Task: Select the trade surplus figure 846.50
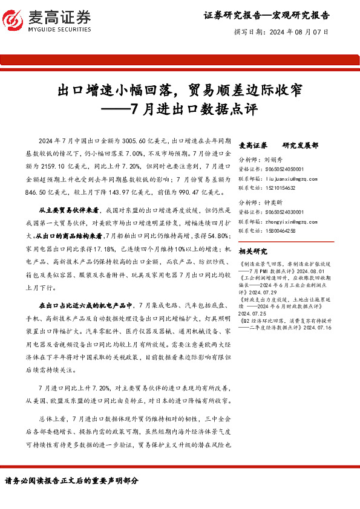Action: coord(38,192)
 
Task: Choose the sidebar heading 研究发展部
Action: coord(300,146)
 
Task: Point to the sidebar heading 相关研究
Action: coord(253,251)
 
